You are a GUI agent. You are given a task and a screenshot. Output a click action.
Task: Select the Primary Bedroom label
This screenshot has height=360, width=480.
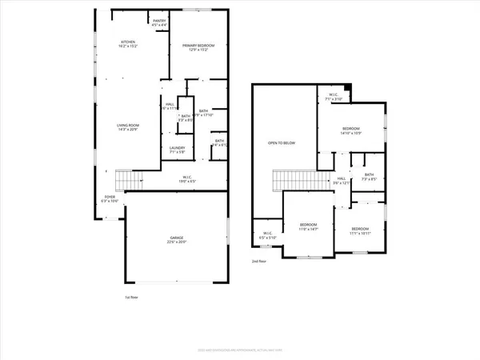click(200, 48)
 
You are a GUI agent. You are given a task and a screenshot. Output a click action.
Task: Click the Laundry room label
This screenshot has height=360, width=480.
click(178, 150)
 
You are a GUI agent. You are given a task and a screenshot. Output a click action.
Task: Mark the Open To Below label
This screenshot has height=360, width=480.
click(281, 143)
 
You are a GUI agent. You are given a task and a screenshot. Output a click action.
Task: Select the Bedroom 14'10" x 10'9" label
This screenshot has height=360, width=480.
click(351, 130)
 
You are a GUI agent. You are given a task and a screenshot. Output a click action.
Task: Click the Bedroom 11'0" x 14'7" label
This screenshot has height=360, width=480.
click(309, 226)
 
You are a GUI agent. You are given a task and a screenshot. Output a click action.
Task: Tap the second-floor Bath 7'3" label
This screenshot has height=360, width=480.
click(369, 177)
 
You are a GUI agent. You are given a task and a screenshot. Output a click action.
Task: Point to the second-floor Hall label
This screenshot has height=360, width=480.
click(342, 180)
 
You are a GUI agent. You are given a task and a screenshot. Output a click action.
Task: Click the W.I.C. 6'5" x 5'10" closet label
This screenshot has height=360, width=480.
click(266, 237)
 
